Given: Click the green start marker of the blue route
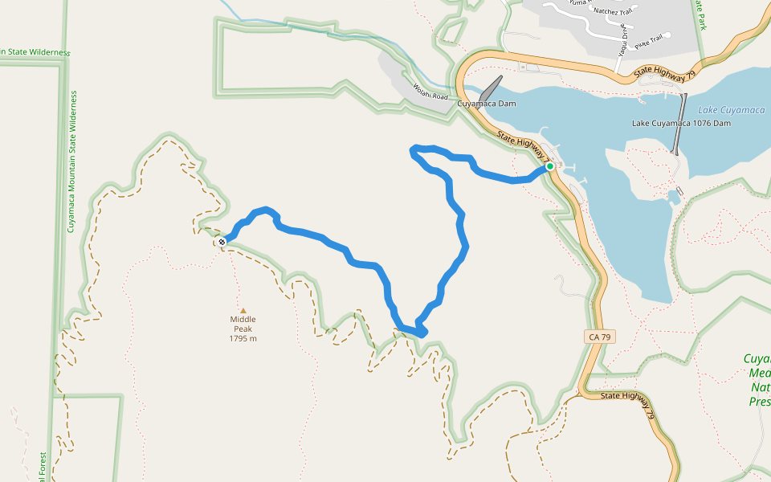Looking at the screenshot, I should (550, 167).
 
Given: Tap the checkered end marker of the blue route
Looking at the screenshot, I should (222, 241).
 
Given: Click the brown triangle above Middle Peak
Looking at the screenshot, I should (243, 309).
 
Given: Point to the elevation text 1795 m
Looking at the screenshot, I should (243, 338).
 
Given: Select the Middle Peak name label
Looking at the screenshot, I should (243, 324).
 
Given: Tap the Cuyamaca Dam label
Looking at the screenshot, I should (487, 104).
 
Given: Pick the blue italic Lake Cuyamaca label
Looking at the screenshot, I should (731, 110).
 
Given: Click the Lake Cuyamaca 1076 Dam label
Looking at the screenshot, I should (681, 124).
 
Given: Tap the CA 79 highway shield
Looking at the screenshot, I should (600, 337).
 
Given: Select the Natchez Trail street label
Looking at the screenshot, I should (612, 11).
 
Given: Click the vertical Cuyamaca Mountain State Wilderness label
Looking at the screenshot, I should (71, 161).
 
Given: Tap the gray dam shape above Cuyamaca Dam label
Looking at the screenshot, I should (491, 87).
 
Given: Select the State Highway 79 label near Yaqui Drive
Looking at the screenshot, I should (664, 73).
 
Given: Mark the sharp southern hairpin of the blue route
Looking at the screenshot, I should (422, 331).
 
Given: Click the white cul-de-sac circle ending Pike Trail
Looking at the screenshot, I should (667, 35).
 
